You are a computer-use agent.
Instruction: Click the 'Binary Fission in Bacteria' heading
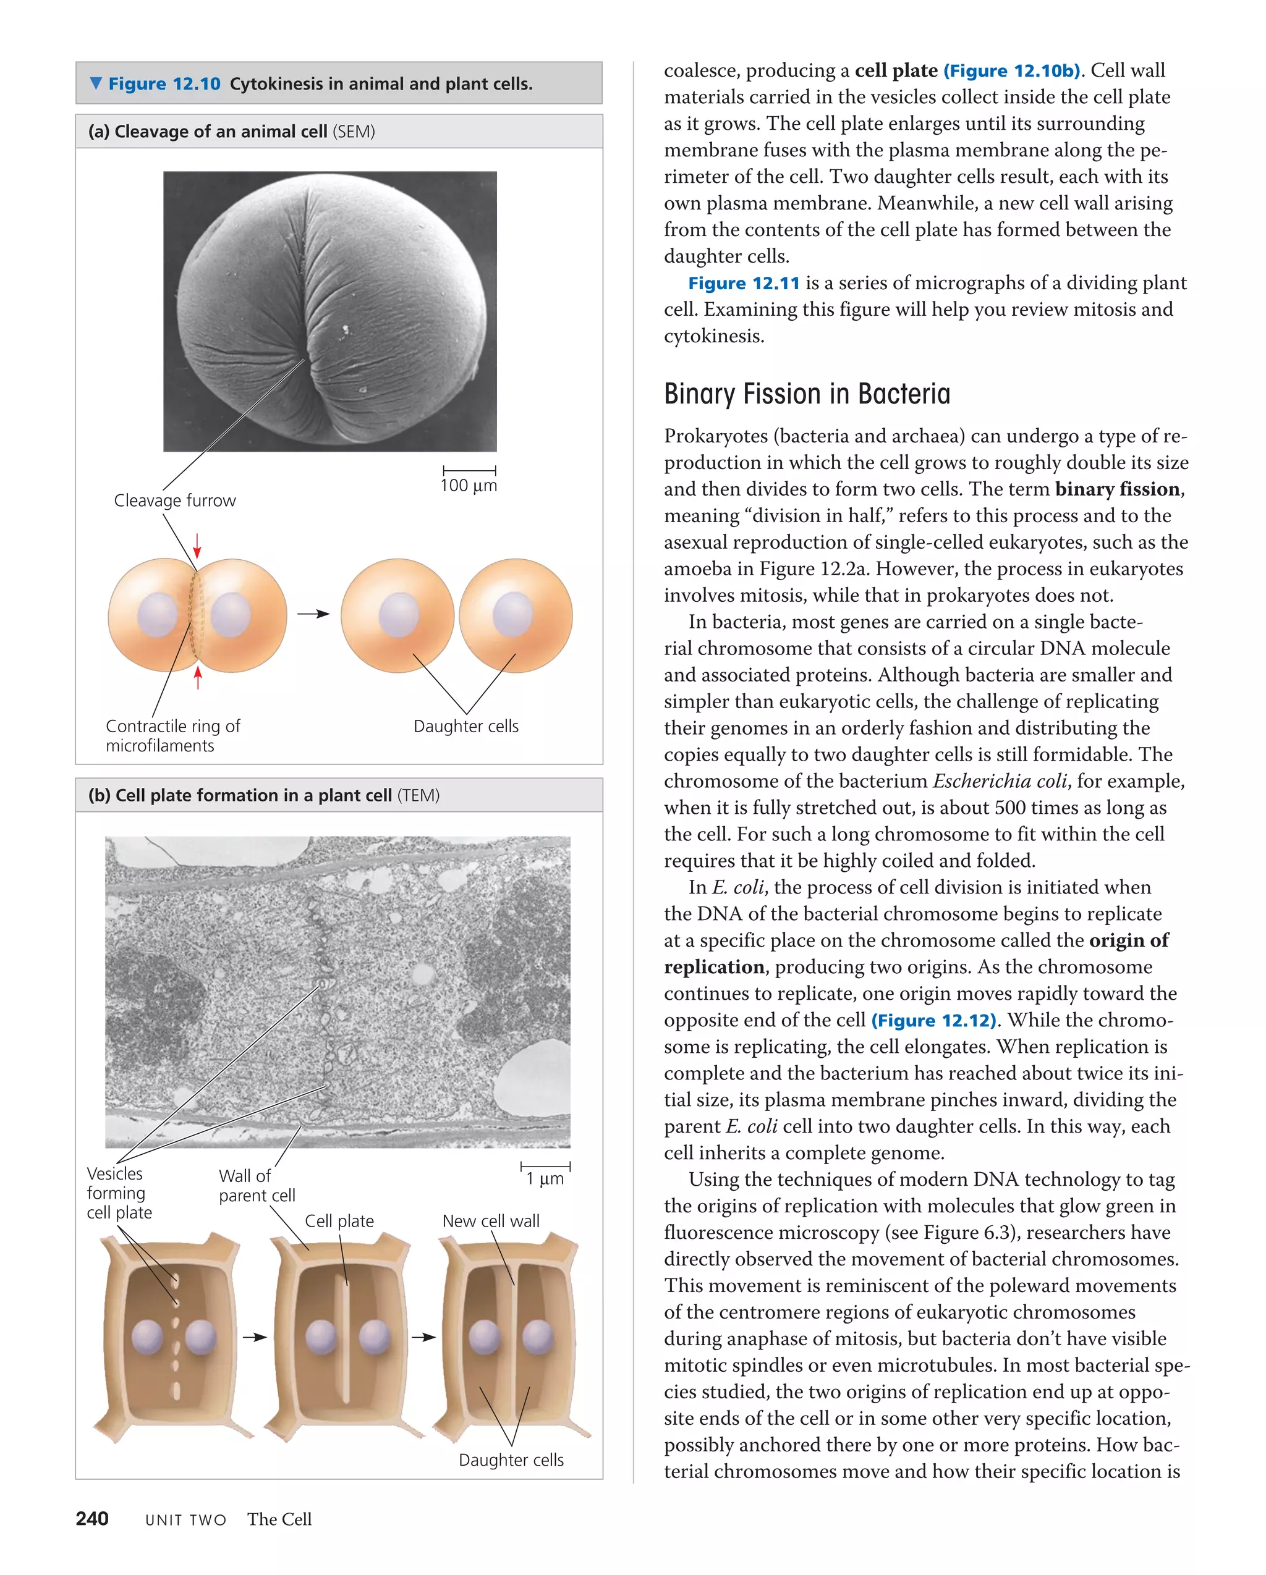click(x=806, y=394)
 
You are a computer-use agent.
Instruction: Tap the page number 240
click(x=92, y=1519)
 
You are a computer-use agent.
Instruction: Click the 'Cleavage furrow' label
click(x=175, y=500)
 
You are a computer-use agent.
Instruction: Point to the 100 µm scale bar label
click(x=469, y=485)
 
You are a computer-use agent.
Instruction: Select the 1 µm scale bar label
click(x=545, y=1178)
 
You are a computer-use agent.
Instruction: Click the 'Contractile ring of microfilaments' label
click(x=172, y=736)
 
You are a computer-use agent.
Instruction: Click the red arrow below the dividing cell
click(x=197, y=677)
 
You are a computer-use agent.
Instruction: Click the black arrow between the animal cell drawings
click(x=313, y=614)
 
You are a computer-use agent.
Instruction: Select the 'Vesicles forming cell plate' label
click(x=119, y=1193)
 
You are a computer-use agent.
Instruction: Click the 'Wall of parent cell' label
click(x=256, y=1185)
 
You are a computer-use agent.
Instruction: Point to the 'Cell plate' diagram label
click(x=339, y=1221)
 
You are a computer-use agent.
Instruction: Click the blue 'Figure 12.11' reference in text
click(x=744, y=284)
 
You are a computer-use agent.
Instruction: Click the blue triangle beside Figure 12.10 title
click(x=96, y=83)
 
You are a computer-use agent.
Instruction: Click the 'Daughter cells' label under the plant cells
click(x=511, y=1459)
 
